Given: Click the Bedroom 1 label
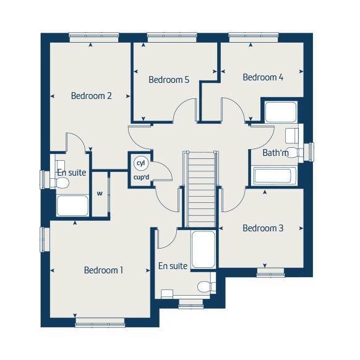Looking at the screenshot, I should click(x=104, y=270).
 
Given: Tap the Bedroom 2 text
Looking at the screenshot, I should click(x=91, y=96).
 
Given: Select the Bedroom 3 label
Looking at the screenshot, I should click(x=263, y=228).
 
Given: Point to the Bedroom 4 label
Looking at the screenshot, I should click(x=263, y=77).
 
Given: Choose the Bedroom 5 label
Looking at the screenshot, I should click(x=168, y=80).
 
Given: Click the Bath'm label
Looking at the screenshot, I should click(x=275, y=153).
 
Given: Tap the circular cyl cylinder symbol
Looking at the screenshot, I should click(x=140, y=163).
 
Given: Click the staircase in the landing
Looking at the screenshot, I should click(x=201, y=189).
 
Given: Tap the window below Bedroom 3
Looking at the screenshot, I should click(x=270, y=271).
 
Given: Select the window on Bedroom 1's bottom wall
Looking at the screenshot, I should click(x=100, y=322).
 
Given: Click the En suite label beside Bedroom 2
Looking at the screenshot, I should click(x=72, y=173).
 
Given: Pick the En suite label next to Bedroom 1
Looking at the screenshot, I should click(x=173, y=266).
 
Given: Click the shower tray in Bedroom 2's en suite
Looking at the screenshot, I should click(x=72, y=205).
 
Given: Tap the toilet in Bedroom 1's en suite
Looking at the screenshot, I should click(x=205, y=286).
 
